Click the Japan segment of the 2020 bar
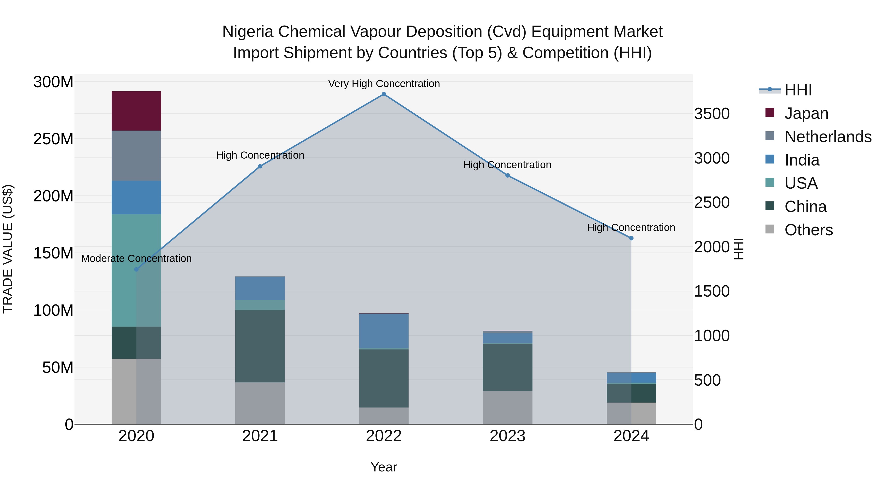[x=136, y=111]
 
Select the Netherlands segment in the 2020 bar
[x=136, y=155]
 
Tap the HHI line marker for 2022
[x=384, y=94]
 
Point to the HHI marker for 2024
[x=631, y=238]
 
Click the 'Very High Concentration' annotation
[x=384, y=84]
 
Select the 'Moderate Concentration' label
[x=136, y=258]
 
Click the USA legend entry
[x=800, y=183]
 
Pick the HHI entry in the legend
[x=798, y=90]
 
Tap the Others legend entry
[x=808, y=230]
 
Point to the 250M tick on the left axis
[x=53, y=139]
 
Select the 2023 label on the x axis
[x=507, y=436]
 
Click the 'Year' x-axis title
[x=384, y=467]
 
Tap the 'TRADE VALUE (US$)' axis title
[x=8, y=249]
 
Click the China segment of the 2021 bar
[x=260, y=346]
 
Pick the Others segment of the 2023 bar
[x=507, y=407]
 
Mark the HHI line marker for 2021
[x=260, y=166]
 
